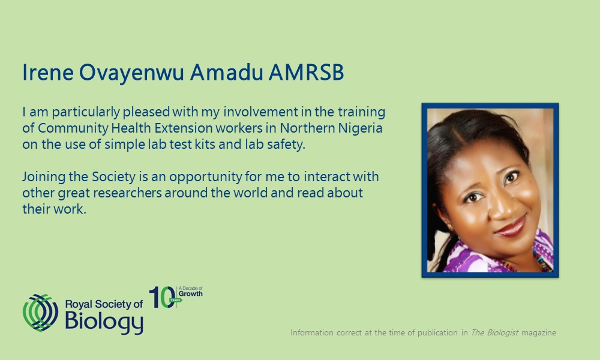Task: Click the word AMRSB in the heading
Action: [306, 73]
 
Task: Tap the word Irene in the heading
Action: [48, 73]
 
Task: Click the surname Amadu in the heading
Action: [227, 73]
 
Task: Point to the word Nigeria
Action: [360, 128]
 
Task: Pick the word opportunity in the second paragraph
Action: [205, 177]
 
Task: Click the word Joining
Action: [44, 177]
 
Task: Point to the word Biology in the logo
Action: [104, 322]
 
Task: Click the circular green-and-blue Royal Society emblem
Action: [41, 313]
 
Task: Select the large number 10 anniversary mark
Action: [163, 297]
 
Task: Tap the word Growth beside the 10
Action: [191, 294]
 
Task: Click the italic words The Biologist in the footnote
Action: [494, 332]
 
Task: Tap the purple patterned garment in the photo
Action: [501, 256]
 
